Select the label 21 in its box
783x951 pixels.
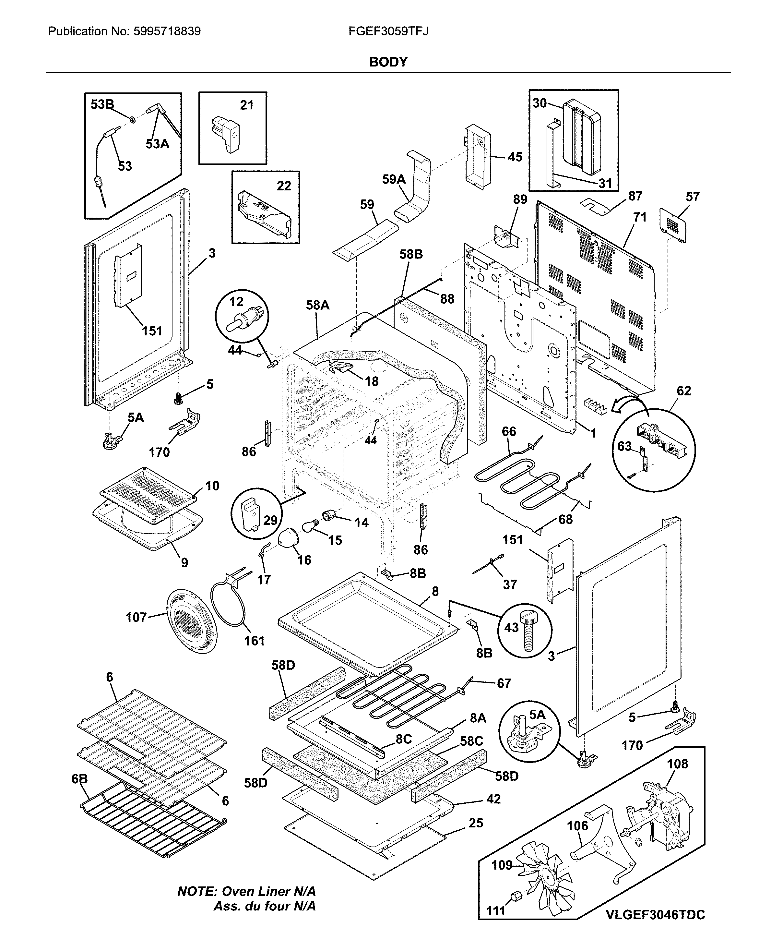point(247,105)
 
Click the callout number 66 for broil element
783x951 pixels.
point(509,431)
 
